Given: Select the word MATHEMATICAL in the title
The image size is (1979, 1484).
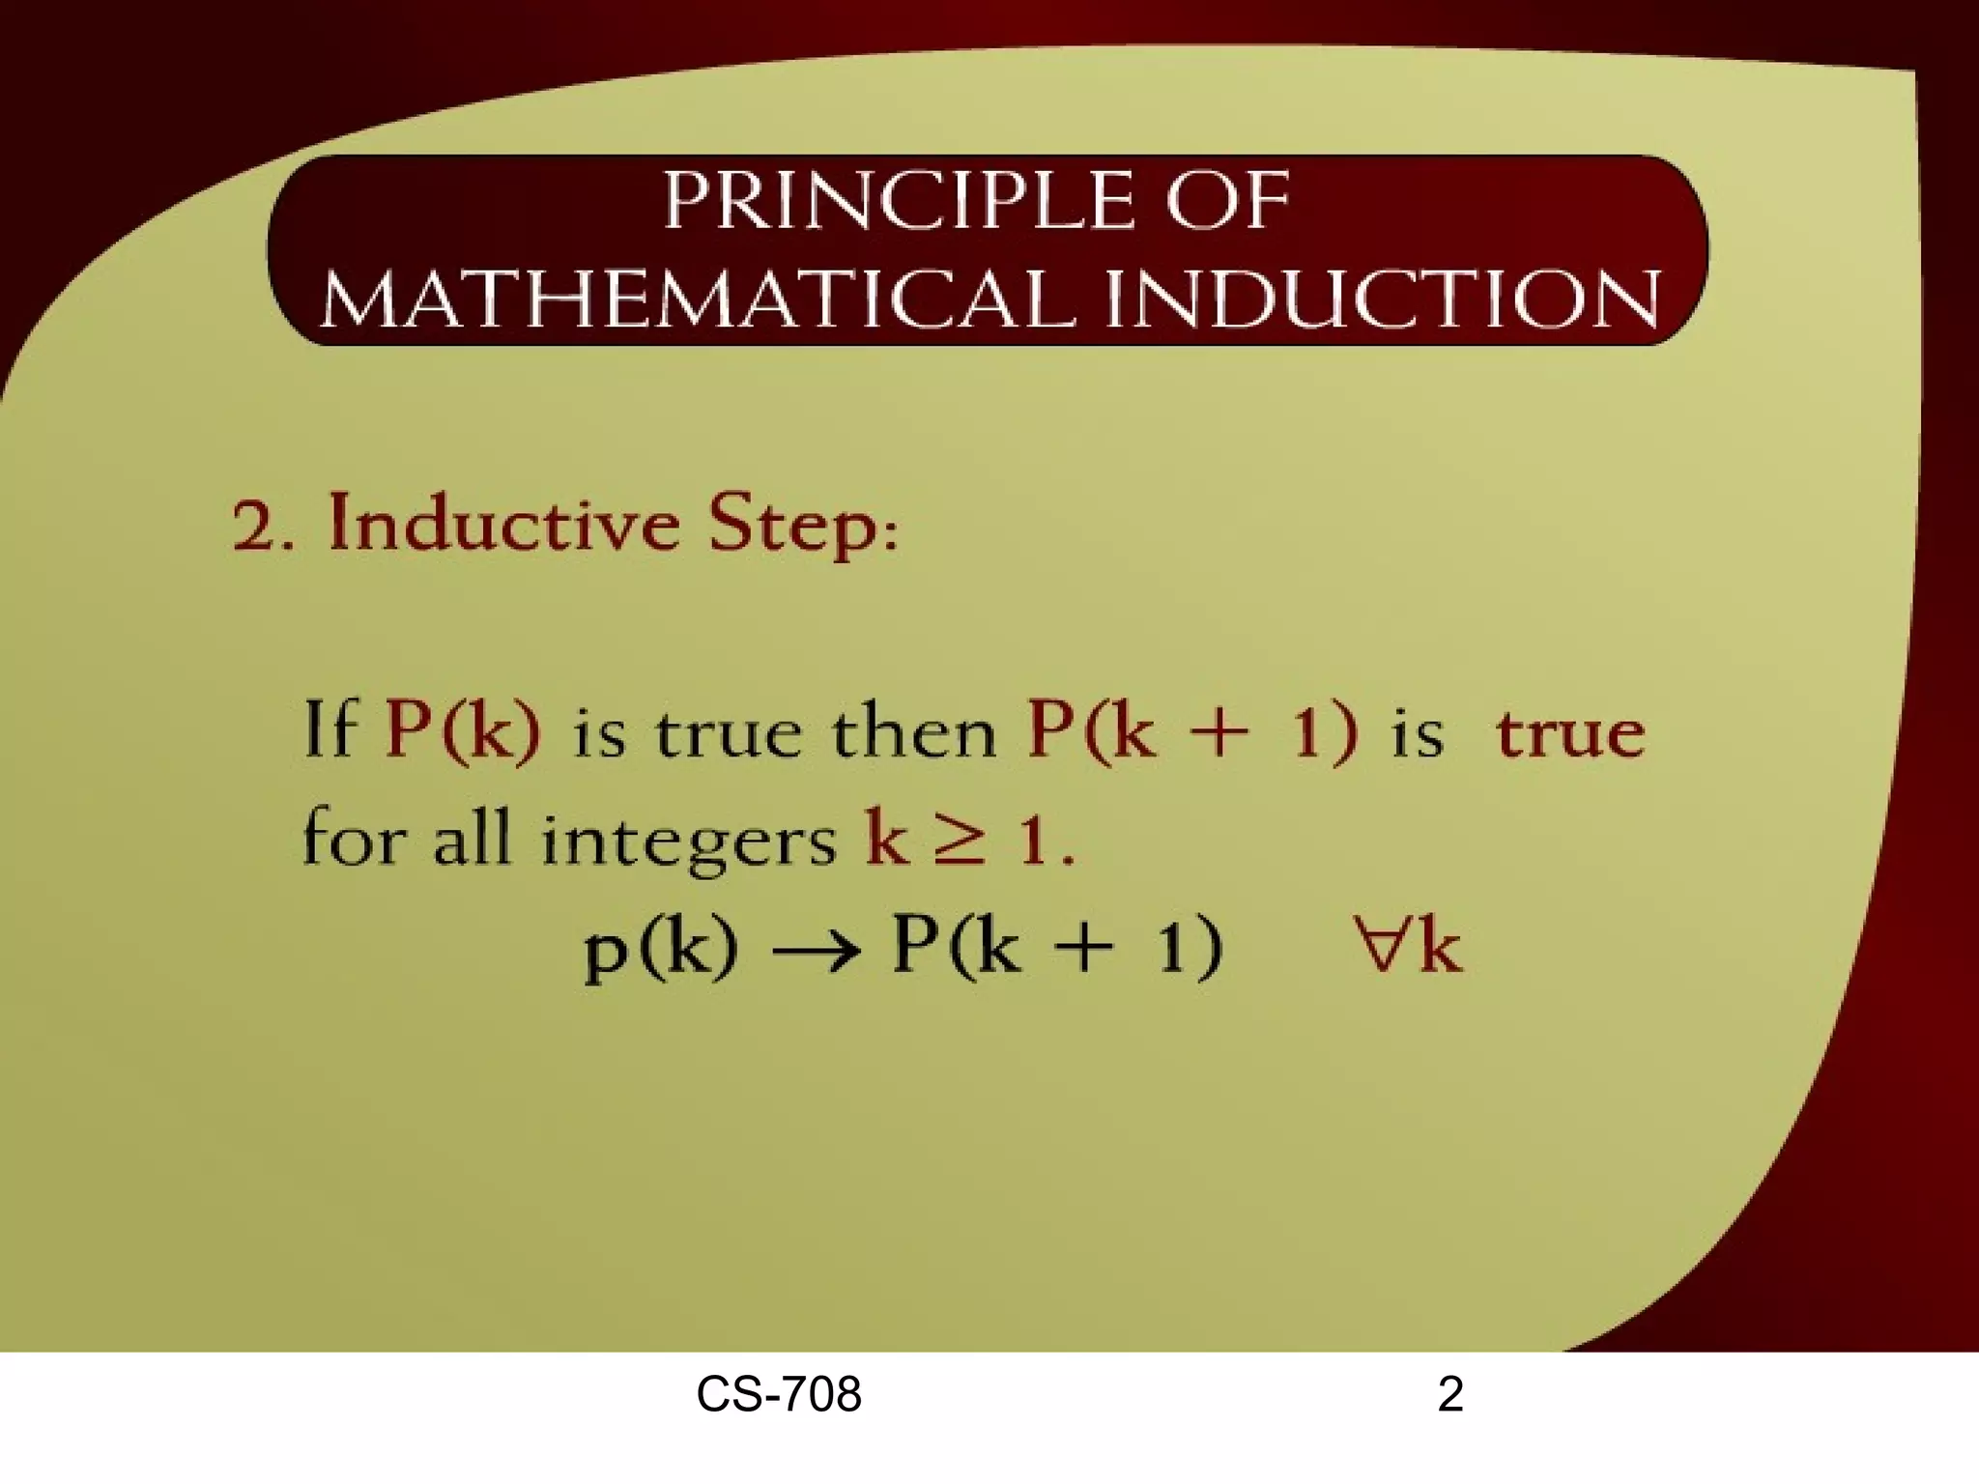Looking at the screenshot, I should [697, 299].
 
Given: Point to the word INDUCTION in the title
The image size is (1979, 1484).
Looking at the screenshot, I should [1383, 299].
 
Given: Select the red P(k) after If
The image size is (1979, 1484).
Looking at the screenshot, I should [463, 731].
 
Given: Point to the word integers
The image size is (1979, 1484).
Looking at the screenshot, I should [687, 841].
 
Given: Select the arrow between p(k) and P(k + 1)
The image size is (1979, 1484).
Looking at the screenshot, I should [815, 949].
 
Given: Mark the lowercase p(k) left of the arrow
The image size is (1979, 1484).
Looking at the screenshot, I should [661, 949].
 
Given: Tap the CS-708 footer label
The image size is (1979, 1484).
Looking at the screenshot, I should [779, 1395].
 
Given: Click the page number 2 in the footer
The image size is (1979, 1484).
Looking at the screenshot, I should [1450, 1395].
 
